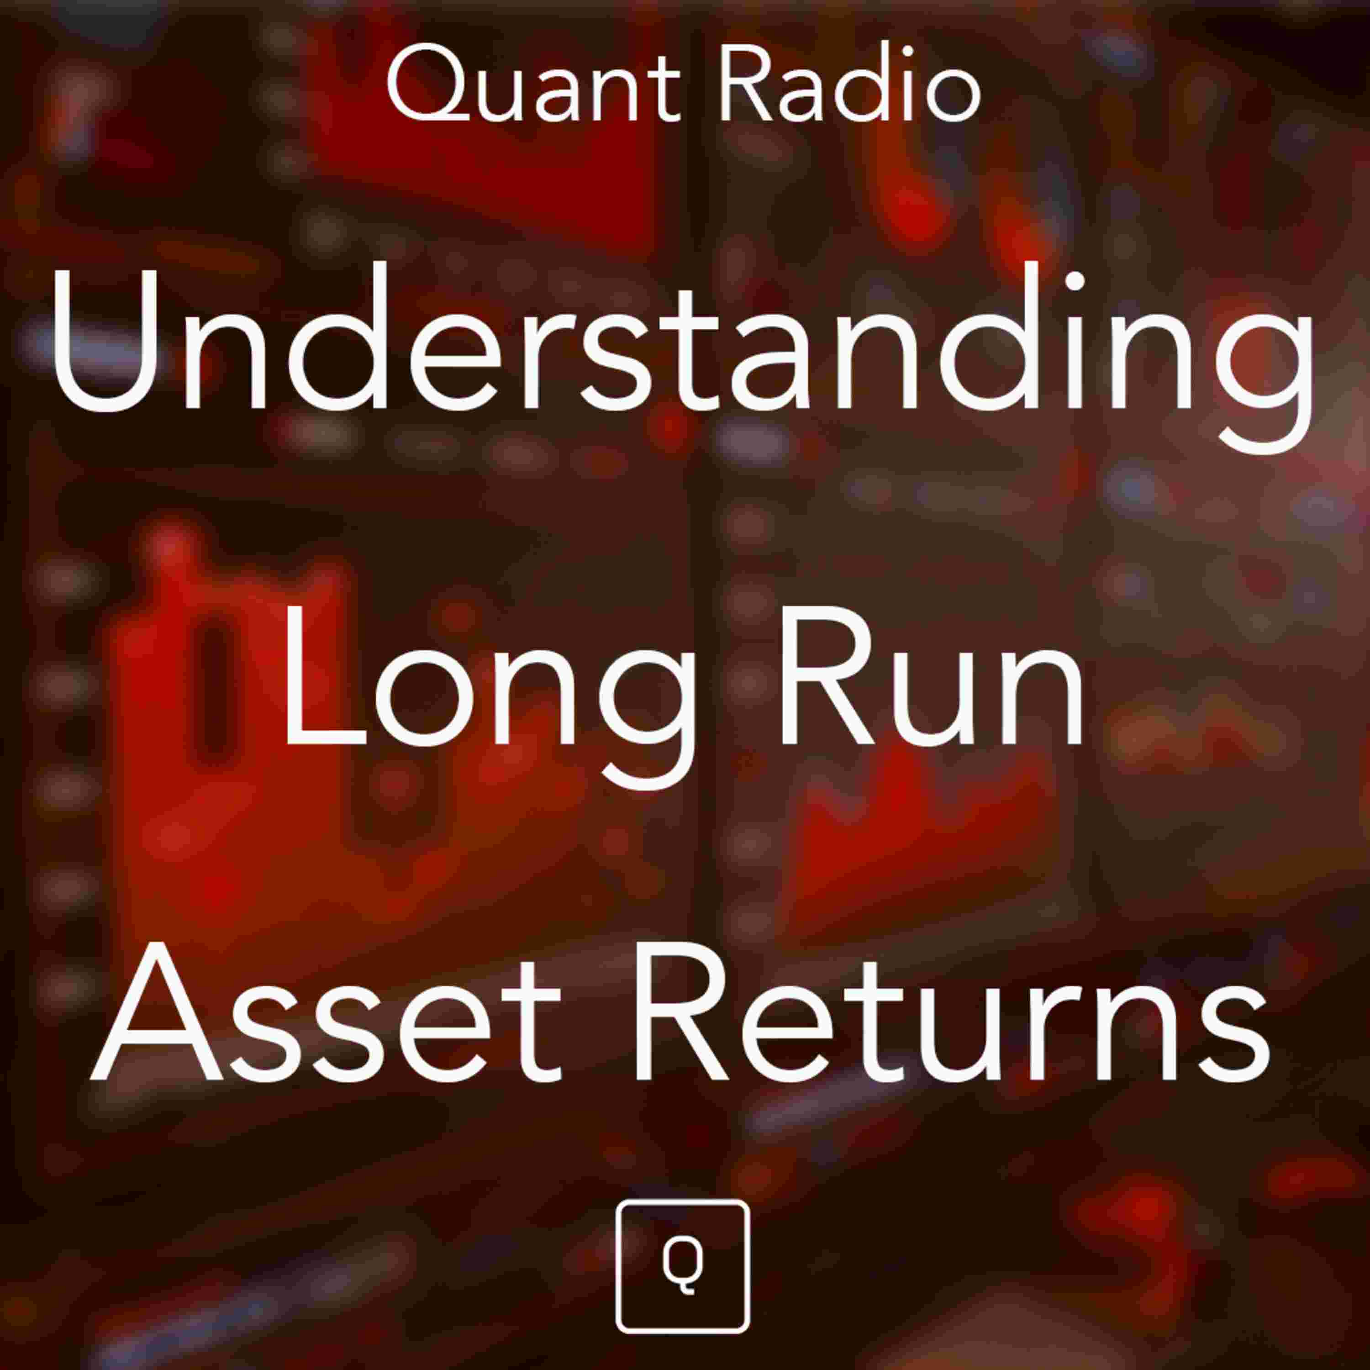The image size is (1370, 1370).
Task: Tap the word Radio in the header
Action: point(849,85)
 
